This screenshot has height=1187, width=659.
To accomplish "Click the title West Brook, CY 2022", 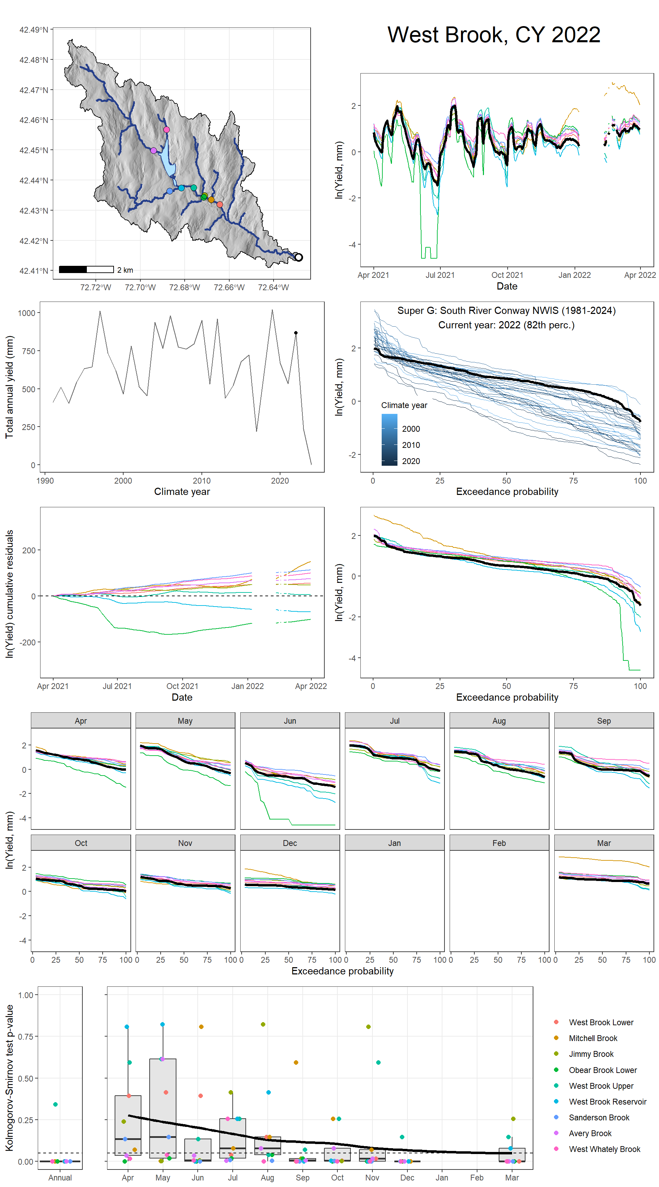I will point(493,35).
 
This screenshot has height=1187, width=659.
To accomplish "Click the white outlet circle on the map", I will point(298,257).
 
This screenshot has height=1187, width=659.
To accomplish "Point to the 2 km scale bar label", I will point(125,270).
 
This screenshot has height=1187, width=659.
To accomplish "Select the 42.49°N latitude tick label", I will point(34,30).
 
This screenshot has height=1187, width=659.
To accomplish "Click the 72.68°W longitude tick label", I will point(184,287).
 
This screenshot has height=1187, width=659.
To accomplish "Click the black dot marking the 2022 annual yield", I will point(296,333).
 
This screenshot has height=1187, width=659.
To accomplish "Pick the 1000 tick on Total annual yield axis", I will point(26,313).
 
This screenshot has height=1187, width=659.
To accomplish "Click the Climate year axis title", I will point(182,492).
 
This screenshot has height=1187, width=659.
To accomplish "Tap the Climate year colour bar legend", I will point(389,440).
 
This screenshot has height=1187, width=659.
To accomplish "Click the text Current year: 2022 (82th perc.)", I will point(506,325).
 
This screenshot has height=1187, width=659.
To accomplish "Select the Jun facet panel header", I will point(290,721).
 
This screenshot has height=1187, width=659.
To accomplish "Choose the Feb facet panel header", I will point(499,843).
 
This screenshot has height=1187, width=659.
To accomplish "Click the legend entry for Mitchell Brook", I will point(593,1038).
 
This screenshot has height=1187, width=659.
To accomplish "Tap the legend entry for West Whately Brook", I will point(604,1149).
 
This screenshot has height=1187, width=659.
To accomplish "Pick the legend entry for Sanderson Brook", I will point(599,1117).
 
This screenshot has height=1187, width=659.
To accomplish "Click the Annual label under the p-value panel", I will point(60,1177).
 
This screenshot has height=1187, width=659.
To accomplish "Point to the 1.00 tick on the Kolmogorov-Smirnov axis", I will point(25,995).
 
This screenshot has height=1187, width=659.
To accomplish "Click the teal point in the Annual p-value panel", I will point(55,1104).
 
